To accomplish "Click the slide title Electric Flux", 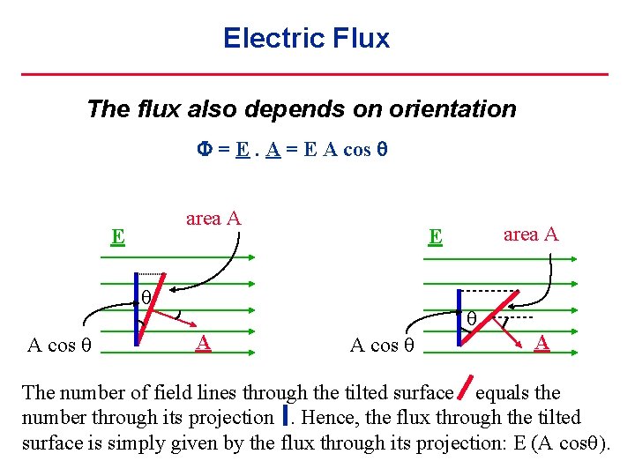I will pyautogui.click(x=306, y=38).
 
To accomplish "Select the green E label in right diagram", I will pyautogui.click(x=434, y=236).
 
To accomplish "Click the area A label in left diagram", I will pyautogui.click(x=213, y=219).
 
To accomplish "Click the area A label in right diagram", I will pyautogui.click(x=531, y=234).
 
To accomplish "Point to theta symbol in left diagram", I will pyautogui.click(x=146, y=296).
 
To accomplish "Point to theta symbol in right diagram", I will pyautogui.click(x=472, y=317).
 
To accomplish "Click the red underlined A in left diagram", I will pyautogui.click(x=203, y=342).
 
